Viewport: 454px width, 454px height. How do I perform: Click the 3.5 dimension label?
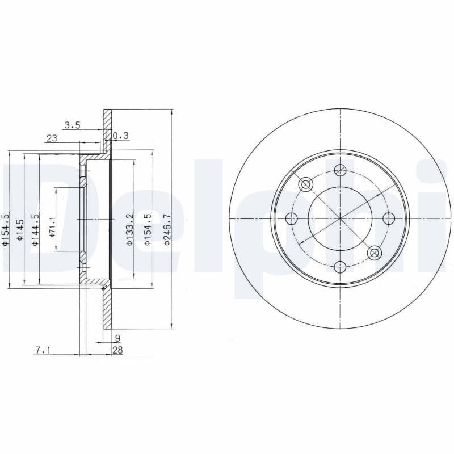73,125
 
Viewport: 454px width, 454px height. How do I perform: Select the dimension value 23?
52,138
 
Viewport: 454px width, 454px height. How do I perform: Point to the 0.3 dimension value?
121,136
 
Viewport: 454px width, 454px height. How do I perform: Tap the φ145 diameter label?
20,230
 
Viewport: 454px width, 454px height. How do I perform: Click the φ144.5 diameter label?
35,229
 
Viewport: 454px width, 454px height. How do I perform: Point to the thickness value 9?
117,338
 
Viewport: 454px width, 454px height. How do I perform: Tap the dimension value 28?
117,351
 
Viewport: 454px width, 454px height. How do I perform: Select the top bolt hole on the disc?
340,170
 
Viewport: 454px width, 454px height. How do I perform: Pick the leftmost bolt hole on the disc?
292,218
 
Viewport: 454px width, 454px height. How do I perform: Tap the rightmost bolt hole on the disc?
389,218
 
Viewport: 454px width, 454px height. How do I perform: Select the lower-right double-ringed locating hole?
374,253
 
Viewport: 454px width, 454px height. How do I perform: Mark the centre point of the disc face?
340,218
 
